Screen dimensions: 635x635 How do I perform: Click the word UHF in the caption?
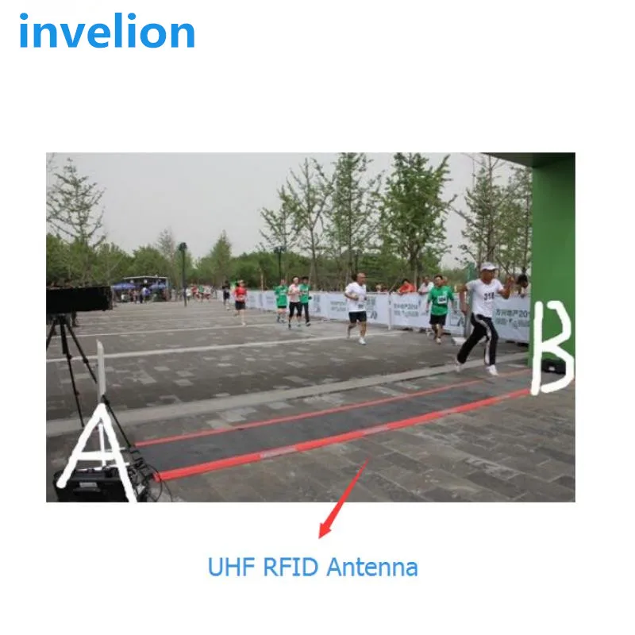(225, 568)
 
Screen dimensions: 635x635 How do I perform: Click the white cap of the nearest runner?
(487, 267)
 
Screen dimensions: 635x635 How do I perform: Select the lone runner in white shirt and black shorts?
(356, 306)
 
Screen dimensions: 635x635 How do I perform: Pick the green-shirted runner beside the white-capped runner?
(440, 306)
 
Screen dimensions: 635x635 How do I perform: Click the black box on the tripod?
(79, 299)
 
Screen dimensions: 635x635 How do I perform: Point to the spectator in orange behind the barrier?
(406, 287)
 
